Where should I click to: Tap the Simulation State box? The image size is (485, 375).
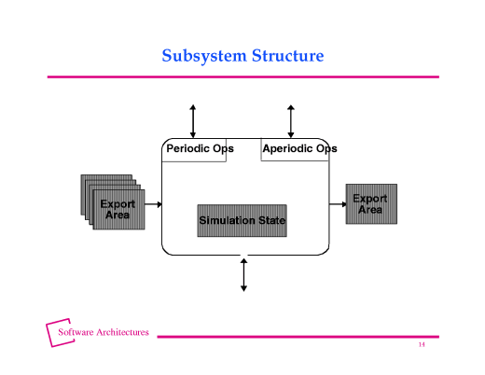(x=242, y=221)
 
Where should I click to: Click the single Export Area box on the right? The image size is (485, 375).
(x=370, y=203)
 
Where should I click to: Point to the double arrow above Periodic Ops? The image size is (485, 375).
(x=193, y=121)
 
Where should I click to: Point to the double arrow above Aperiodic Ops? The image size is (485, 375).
(x=291, y=121)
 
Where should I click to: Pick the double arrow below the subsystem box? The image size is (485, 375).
(x=243, y=274)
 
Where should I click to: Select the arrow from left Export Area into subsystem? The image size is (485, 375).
(x=153, y=203)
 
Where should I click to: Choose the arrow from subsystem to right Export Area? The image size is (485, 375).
(x=338, y=203)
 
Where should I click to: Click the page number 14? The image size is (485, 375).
(x=422, y=345)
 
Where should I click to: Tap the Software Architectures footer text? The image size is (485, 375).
(x=104, y=332)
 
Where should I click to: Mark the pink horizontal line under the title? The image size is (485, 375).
(x=242, y=76)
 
